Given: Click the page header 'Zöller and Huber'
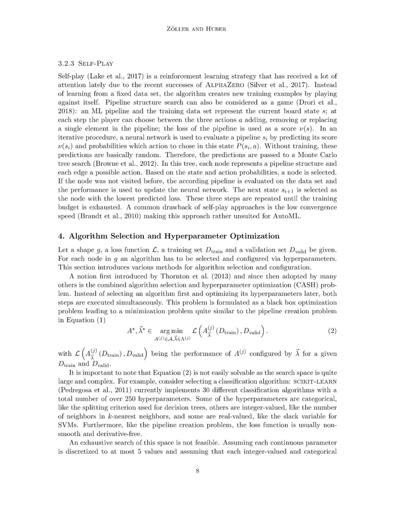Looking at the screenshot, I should [x=197, y=29].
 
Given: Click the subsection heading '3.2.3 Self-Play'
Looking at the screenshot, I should [x=86, y=63].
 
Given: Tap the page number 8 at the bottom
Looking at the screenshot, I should [x=197, y=471].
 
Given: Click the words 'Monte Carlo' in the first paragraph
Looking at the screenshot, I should [x=317, y=155].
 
